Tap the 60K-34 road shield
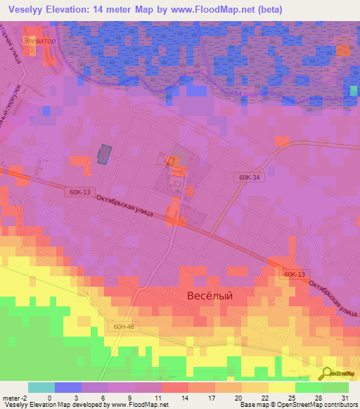250,179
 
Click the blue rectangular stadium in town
104,154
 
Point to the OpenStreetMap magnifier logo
328,373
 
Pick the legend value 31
344,397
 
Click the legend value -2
27,397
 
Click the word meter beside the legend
11,397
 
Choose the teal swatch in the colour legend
41,387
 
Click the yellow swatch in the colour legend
282,387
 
